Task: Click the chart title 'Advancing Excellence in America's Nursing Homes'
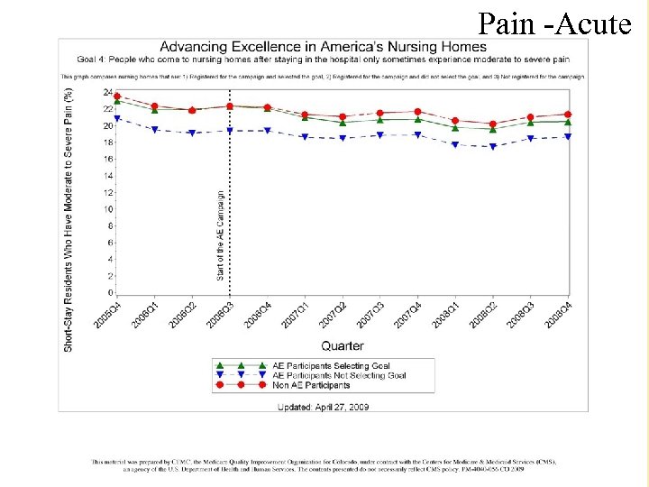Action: point(323,47)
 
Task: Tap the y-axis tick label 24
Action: point(108,93)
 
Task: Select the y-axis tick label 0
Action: point(111,293)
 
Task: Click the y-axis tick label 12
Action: point(108,193)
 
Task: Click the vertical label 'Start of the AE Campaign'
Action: point(222,234)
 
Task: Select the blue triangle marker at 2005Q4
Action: point(117,118)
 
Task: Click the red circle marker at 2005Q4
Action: point(117,96)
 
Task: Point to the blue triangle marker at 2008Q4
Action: point(567,137)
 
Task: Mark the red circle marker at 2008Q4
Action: point(567,115)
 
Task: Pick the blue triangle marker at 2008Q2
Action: point(492,146)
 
